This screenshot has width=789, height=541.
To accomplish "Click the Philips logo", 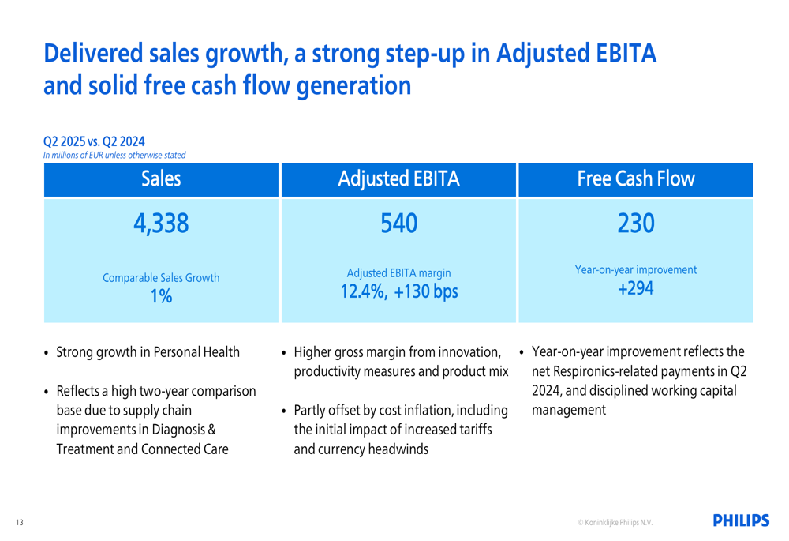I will [741, 520].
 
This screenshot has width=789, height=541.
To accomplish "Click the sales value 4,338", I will [162, 227].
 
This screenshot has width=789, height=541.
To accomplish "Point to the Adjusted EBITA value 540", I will [398, 227].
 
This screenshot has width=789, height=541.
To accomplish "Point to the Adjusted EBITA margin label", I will [398, 272].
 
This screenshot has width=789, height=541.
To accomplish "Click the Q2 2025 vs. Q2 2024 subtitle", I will [94, 142].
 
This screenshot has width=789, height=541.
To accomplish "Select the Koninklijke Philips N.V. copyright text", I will [615, 522].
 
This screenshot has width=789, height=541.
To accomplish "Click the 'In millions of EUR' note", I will [114, 155].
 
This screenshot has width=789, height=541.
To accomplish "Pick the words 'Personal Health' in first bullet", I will [193, 351].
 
